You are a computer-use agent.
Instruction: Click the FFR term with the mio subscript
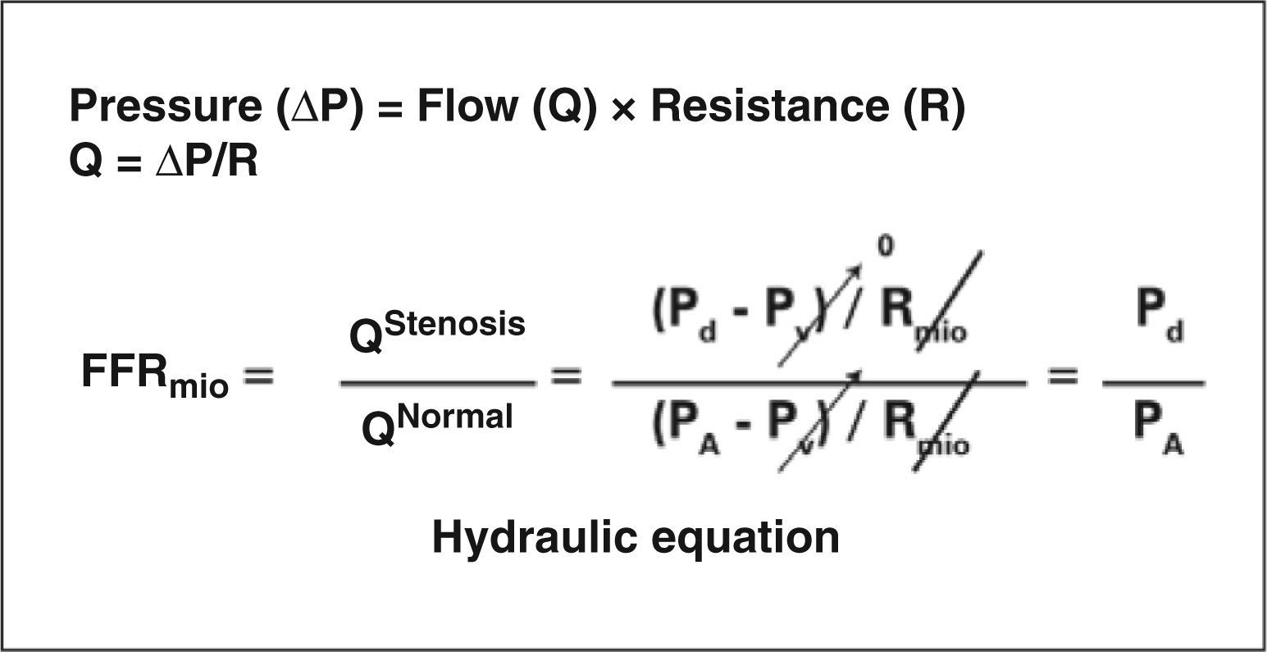coord(153,376)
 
